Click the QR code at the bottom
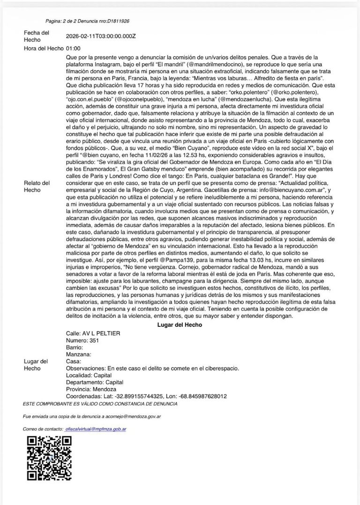tap(49, 458)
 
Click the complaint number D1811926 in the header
tap(118, 21)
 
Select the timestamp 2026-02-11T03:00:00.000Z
tap(101, 36)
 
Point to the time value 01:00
tap(74, 48)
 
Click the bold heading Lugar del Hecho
tap(180, 325)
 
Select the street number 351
tap(94, 340)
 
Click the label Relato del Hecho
tap(37, 187)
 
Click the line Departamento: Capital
tap(95, 382)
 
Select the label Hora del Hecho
tap(44, 48)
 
